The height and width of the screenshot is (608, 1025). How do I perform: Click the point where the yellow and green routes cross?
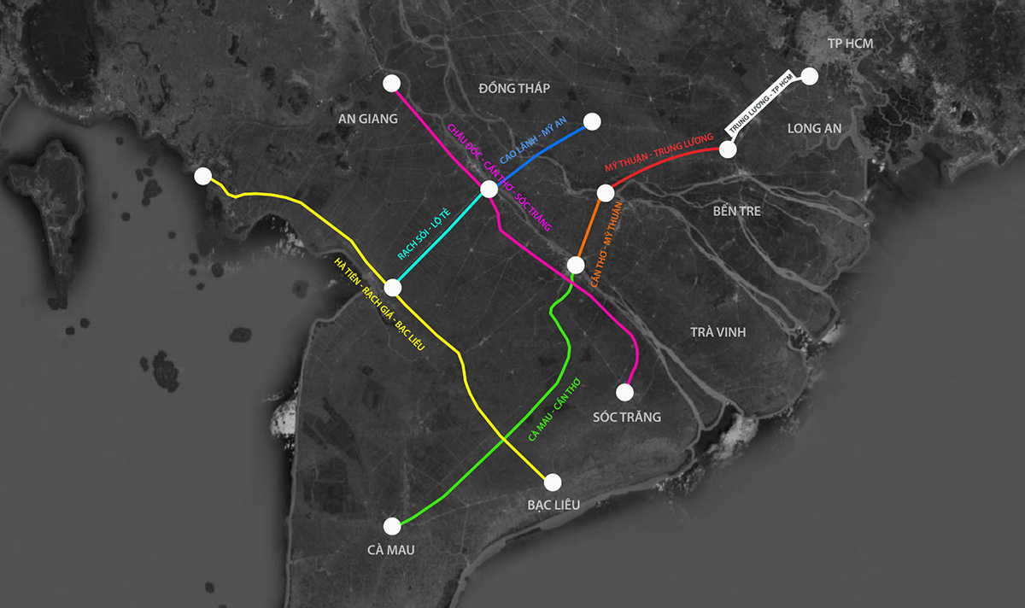pos(503,439)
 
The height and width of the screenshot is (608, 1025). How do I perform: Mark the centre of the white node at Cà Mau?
pos(392,527)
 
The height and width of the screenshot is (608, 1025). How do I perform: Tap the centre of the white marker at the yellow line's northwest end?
pos(202,176)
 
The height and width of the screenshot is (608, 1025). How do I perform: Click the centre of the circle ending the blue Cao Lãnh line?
pos(592,122)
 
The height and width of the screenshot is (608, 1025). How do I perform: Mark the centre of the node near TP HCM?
pos(810,76)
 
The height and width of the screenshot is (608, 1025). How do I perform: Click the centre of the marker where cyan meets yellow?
pos(393,288)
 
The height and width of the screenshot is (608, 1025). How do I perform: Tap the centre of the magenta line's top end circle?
pos(391,84)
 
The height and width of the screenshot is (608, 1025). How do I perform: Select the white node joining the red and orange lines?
pos(606,193)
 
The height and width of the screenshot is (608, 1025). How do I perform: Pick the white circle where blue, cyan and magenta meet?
pos(489,189)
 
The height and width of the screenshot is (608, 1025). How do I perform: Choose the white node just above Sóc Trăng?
pos(624,392)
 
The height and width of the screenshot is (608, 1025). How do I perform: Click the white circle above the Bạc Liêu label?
pos(553,482)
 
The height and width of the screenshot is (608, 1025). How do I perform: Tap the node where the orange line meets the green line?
pos(576,265)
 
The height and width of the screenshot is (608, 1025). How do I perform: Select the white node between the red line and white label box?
pos(728,149)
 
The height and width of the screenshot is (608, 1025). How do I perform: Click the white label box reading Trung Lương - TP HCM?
pos(761,103)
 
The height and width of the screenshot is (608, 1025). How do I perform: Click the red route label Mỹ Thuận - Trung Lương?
pos(659,152)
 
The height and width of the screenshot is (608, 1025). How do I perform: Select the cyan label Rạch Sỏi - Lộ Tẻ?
pos(424,234)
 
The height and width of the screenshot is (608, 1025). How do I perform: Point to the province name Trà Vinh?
pos(718,331)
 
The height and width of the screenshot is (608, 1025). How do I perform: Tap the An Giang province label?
pos(368,119)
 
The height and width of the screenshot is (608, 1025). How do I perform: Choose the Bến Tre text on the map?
pos(736,211)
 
